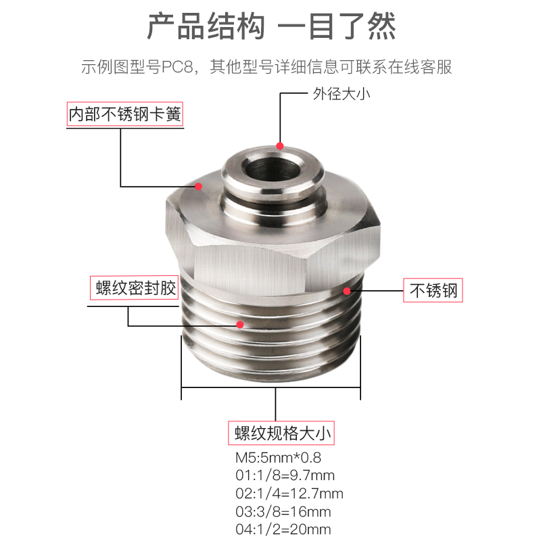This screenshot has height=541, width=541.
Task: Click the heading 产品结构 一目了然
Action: tap(270, 28)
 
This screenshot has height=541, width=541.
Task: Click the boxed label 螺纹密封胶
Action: tap(134, 289)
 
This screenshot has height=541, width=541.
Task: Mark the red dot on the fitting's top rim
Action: tap(280, 145)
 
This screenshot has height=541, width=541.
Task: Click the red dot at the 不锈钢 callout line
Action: tap(347, 291)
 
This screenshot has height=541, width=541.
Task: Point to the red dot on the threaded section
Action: tap(239, 325)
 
